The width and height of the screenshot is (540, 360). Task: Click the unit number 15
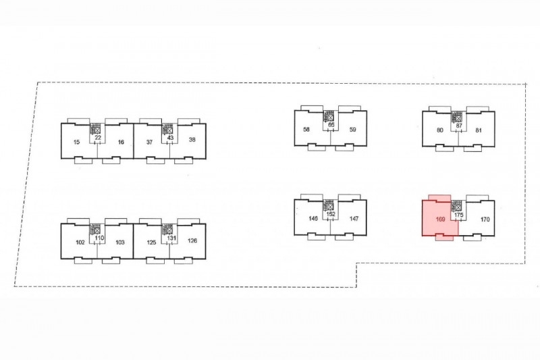pyautogui.click(x=76, y=142)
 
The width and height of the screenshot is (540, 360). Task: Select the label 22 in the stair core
pyautogui.click(x=98, y=138)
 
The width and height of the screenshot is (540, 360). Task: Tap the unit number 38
pyautogui.click(x=192, y=140)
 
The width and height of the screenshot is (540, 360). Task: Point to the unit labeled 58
pyautogui.click(x=306, y=130)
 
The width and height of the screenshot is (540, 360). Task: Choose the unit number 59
pyautogui.click(x=352, y=130)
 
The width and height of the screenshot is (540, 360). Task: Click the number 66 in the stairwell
pyautogui.click(x=331, y=126)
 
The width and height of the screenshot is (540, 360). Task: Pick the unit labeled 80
pyautogui.click(x=439, y=130)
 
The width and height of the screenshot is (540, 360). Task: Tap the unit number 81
pyautogui.click(x=479, y=130)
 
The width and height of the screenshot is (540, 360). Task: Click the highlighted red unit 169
pyautogui.click(x=440, y=219)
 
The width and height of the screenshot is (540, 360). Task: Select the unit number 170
pyautogui.click(x=485, y=220)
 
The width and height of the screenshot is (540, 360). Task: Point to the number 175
pyautogui.click(x=459, y=215)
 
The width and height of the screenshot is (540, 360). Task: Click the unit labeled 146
pyautogui.click(x=313, y=219)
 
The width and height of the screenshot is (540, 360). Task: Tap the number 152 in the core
pyautogui.click(x=331, y=215)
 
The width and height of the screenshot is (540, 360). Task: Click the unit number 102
pyautogui.click(x=80, y=242)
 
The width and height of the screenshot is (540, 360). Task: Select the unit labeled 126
pyautogui.click(x=192, y=241)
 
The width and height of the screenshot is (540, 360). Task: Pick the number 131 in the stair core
pyautogui.click(x=171, y=238)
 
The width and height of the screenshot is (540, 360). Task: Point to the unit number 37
pyautogui.click(x=149, y=141)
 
